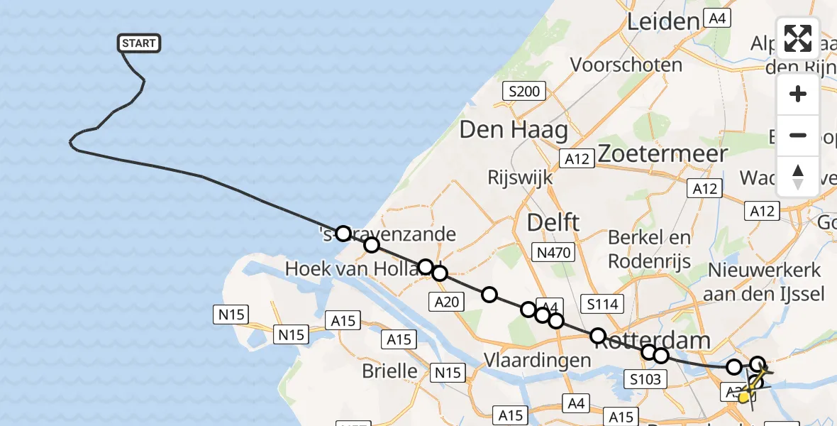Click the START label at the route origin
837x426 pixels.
pyautogui.click(x=138, y=43)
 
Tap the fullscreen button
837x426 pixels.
pyautogui.click(x=798, y=38)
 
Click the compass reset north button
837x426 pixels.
pyautogui.click(x=798, y=176)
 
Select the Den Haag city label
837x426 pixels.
pyautogui.click(x=514, y=130)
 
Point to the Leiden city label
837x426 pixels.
pyautogui.click(x=663, y=22)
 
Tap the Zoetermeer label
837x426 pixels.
pyautogui.click(x=663, y=153)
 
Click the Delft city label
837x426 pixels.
pyautogui.click(x=553, y=222)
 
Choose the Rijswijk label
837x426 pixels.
pyautogui.click(x=520, y=177)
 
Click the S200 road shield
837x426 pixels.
pyautogui.click(x=524, y=91)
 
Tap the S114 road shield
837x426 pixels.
pyautogui.click(x=602, y=305)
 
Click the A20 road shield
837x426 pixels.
pyautogui.click(x=447, y=302)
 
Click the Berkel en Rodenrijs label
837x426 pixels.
pyautogui.click(x=649, y=248)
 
